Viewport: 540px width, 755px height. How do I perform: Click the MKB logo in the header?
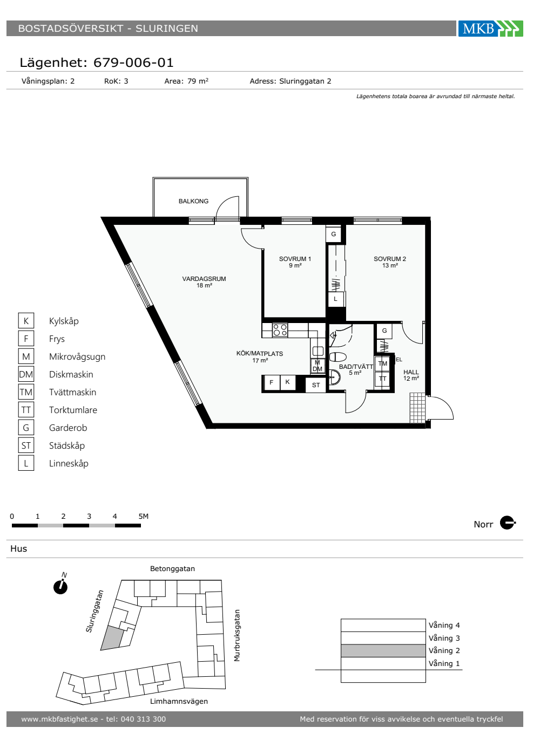(490, 28)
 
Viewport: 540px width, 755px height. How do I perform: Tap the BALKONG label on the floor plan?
(193, 201)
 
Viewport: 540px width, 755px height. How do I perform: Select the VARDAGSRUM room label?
(204, 279)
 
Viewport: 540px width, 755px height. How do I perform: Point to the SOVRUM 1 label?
(295, 259)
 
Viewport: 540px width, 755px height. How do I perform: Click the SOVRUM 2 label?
(389, 259)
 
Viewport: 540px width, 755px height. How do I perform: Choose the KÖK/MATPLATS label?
(260, 354)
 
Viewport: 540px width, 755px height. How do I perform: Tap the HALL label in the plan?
(411, 372)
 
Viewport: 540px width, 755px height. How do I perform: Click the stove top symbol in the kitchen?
(280, 330)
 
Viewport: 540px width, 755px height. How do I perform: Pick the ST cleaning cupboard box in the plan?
(315, 385)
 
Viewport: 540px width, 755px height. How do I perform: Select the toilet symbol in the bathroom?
(338, 356)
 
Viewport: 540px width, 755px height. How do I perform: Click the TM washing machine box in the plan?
(382, 363)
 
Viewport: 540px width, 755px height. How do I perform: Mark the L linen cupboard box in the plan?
(335, 299)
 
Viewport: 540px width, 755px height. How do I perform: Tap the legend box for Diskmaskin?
(26, 374)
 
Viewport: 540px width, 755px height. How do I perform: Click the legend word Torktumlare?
(73, 410)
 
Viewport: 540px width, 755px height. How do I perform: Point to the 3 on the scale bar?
(89, 516)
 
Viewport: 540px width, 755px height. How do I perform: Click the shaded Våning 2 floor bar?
(383, 650)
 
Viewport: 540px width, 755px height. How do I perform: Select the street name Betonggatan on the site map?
(172, 568)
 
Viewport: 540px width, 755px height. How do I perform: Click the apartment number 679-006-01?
(133, 63)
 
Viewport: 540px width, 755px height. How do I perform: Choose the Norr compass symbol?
(507, 523)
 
